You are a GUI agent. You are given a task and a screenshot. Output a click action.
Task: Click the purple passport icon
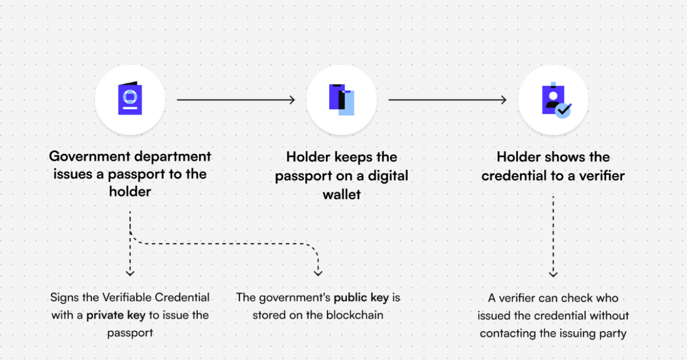coord(130,99)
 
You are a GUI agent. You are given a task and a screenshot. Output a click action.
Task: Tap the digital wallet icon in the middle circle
coord(341,100)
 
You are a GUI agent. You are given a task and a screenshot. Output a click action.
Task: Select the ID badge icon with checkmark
coord(554,100)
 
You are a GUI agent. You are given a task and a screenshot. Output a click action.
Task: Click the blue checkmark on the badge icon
coord(563,110)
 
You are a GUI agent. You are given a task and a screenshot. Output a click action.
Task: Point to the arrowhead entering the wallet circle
coord(291,100)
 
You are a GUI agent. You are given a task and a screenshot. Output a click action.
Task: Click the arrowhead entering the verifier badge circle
coord(503,100)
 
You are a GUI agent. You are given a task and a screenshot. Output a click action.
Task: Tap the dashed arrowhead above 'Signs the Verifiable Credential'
coord(130,272)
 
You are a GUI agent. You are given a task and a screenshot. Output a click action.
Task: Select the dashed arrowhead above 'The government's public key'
coord(318,272)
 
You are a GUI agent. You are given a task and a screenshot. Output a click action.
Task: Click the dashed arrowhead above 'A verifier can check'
coord(553,273)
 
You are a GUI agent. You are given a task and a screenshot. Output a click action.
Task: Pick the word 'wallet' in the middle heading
coord(341,194)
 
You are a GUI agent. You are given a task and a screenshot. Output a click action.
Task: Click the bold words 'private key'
coord(115,315)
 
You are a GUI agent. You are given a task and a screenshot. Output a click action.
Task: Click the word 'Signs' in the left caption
coord(64,297)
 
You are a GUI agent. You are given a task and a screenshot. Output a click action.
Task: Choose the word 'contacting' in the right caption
coord(507,333)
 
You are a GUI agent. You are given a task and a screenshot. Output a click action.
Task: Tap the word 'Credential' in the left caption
coord(182,297)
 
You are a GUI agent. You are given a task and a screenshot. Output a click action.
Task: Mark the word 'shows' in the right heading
coord(555,157)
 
